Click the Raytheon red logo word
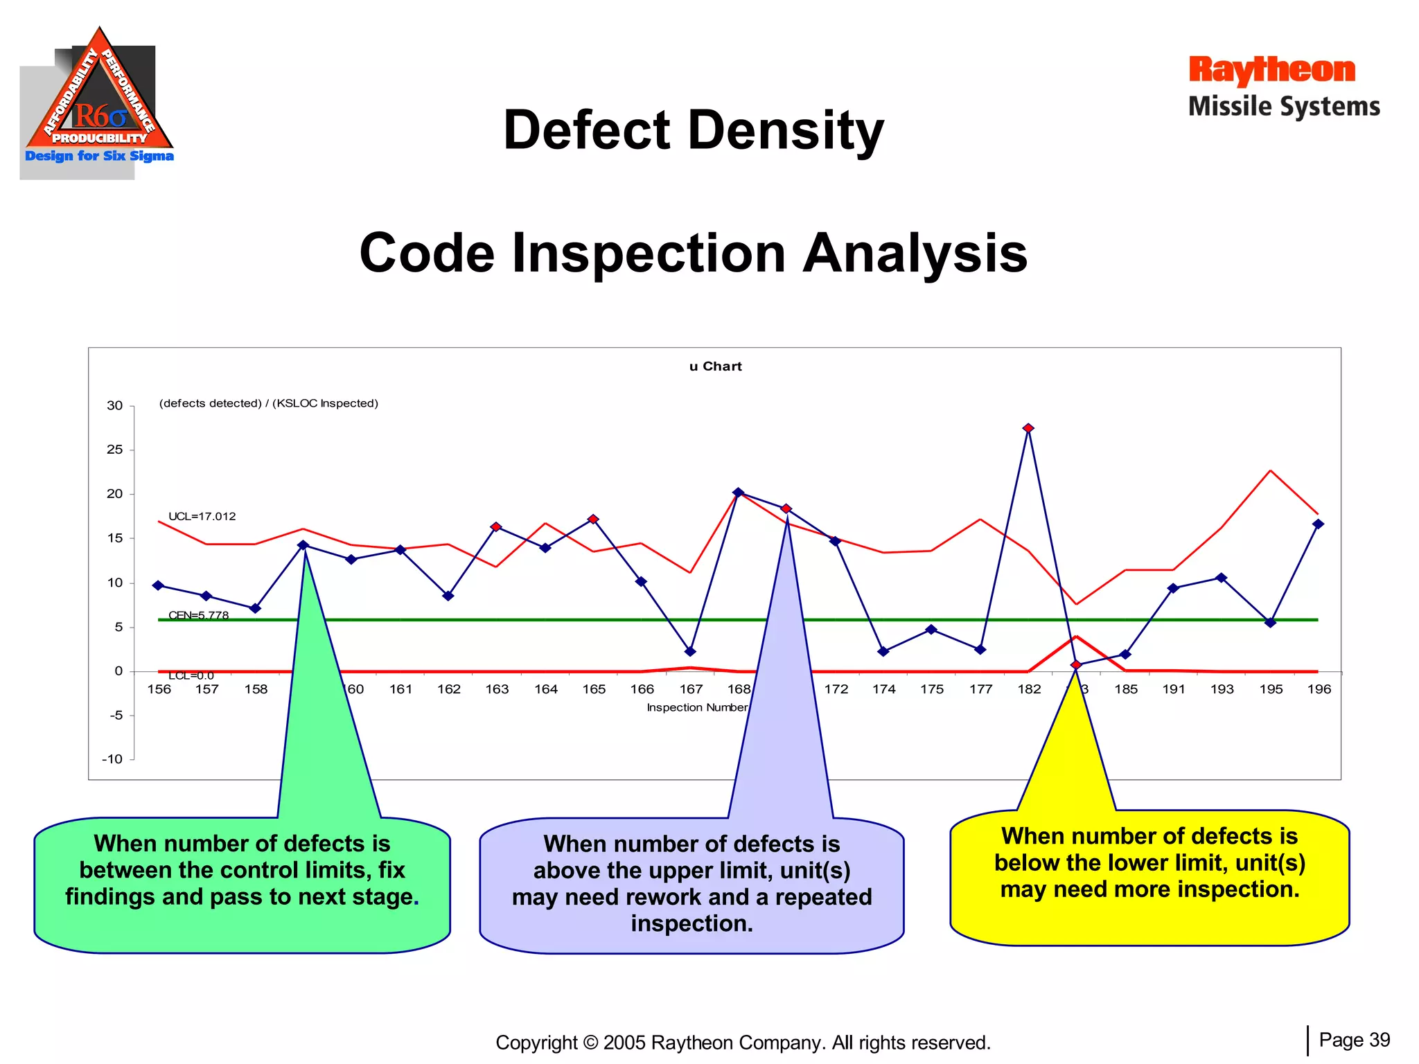click(x=1271, y=70)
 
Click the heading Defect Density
click(x=694, y=130)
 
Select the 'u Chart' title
click(x=715, y=366)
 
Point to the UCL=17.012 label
click(x=202, y=516)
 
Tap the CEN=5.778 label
click(x=198, y=614)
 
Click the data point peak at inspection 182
click(x=1028, y=428)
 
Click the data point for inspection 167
click(x=690, y=651)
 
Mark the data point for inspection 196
click(x=1318, y=524)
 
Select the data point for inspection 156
click(x=159, y=585)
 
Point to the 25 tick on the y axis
click(x=115, y=450)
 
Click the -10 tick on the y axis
click(x=112, y=759)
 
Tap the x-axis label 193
click(x=1222, y=689)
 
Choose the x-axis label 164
click(x=545, y=689)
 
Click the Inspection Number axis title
click(x=696, y=707)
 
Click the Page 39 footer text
click(x=1354, y=1040)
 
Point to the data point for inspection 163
click(x=496, y=527)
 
